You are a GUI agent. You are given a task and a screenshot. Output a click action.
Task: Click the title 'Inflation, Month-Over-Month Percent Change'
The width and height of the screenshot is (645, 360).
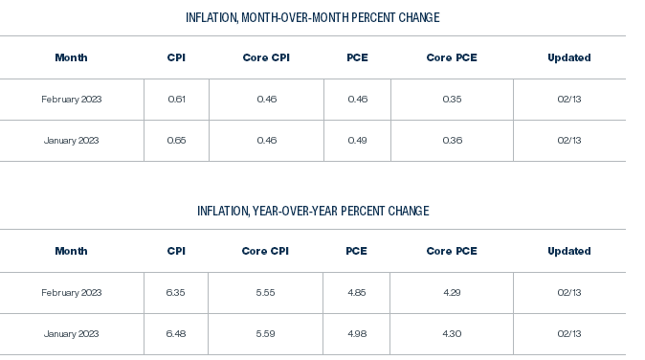point(313,17)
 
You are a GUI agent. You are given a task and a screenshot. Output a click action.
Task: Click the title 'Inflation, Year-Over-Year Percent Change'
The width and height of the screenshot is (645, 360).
point(313,211)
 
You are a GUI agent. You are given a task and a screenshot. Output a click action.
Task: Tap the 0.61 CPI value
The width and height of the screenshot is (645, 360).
point(176,100)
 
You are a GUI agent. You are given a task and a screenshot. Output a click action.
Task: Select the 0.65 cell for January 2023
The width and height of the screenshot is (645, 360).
point(176,141)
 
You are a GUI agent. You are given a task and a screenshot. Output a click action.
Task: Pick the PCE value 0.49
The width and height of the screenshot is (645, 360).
point(357,141)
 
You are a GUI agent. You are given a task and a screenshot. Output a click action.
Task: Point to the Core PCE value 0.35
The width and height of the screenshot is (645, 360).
point(452,100)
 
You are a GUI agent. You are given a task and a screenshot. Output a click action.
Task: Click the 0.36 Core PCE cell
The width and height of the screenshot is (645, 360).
point(452,141)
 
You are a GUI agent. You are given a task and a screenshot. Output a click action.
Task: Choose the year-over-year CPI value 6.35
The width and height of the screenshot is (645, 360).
point(176,293)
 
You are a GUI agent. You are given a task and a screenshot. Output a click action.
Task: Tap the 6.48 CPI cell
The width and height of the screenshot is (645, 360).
point(176,334)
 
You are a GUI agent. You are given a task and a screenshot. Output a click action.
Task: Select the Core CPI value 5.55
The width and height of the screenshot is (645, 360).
point(266,293)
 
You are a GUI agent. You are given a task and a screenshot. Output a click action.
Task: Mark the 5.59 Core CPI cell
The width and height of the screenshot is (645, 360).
point(266,334)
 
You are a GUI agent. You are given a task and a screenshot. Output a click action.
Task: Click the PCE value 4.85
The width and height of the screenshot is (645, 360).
point(357,293)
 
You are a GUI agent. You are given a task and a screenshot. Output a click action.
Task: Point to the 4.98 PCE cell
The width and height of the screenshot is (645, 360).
point(357,334)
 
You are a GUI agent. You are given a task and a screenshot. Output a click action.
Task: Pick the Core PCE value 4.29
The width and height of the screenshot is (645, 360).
point(452,293)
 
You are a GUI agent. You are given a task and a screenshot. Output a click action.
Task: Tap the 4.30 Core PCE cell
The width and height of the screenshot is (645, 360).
point(452,334)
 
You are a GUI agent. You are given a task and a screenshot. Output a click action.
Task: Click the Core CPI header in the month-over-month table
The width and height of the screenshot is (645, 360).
point(266,57)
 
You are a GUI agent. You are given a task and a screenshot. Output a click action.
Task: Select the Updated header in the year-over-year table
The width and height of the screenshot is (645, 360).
point(568,251)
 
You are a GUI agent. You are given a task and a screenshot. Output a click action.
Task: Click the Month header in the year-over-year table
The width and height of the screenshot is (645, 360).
point(71,251)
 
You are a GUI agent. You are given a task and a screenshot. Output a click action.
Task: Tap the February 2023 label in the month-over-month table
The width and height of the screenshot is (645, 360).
point(71,100)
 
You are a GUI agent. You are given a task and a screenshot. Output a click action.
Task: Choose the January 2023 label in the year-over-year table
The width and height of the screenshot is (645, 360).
point(71,334)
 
